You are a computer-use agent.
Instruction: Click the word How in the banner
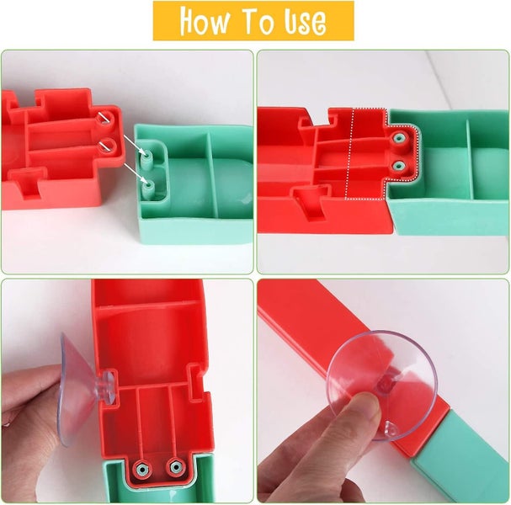coord(204,21)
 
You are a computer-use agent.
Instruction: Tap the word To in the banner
coord(264,21)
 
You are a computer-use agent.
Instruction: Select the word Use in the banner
coord(306,22)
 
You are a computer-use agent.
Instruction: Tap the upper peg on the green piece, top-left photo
coord(147,157)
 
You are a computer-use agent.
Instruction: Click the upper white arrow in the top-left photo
coord(127,138)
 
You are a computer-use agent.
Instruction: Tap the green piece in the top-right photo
coord(455,177)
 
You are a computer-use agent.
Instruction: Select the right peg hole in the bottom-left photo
coord(174,465)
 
